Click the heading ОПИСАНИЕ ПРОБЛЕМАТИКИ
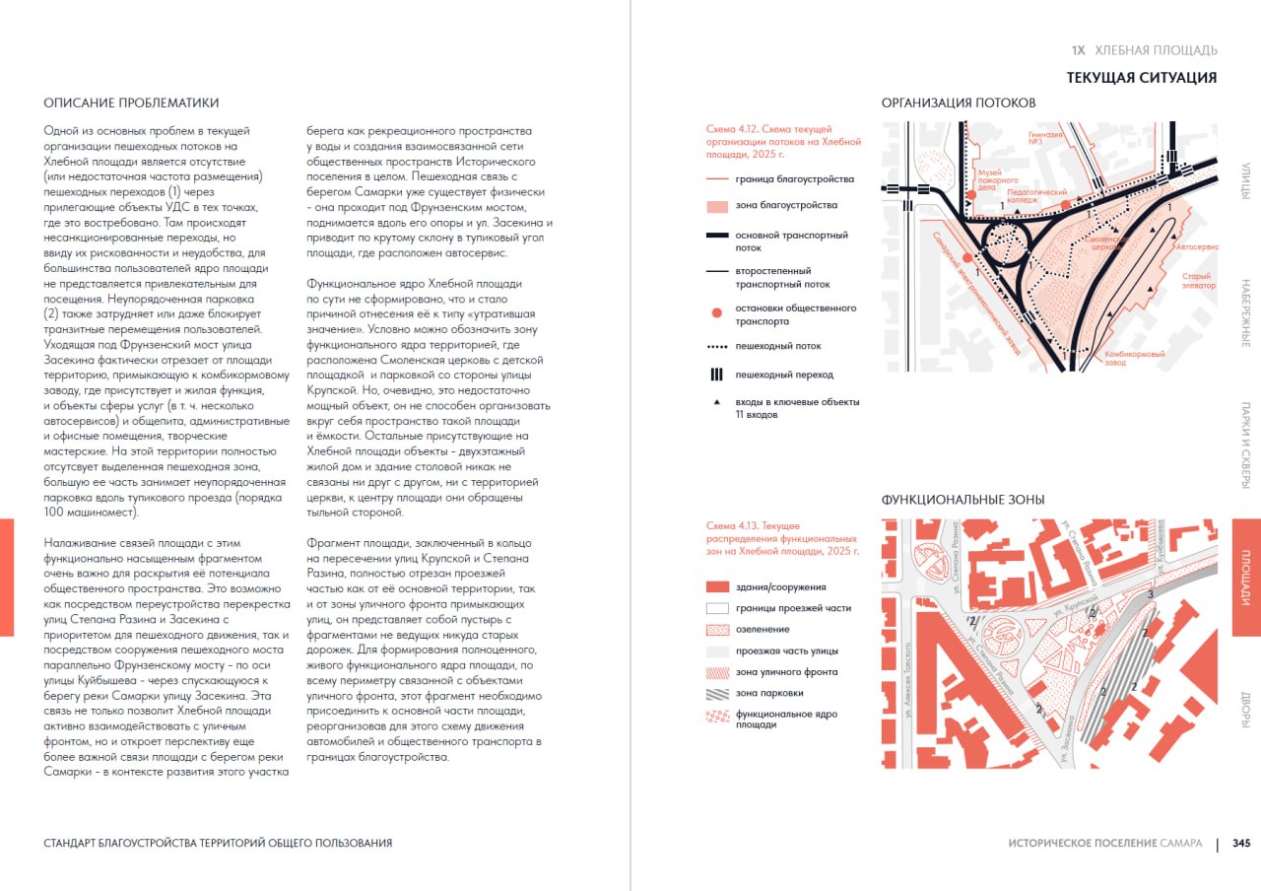132,103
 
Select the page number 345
1241,844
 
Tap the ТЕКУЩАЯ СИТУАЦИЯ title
1141,78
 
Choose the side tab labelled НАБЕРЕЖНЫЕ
1246,312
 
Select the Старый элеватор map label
1198,281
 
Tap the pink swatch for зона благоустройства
716,206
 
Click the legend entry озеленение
763,629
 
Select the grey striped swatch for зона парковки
716,693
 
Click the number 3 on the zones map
1151,594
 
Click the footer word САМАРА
1181,844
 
